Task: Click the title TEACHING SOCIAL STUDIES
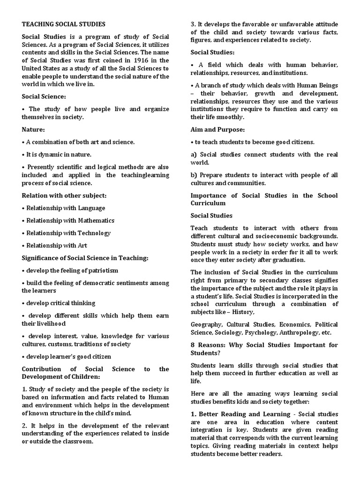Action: coord(64,24)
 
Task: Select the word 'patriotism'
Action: coord(101,270)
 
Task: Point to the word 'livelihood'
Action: coord(49,323)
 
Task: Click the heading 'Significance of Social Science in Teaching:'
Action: coord(85,258)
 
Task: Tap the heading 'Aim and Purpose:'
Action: coord(217,129)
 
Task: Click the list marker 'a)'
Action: coord(194,154)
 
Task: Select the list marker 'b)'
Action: coord(194,175)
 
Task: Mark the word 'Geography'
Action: coord(207,324)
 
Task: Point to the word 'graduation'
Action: coord(289,259)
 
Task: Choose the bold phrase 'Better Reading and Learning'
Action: coord(244,414)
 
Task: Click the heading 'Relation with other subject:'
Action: coord(64,195)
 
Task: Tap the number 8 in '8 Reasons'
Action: coord(193,345)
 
